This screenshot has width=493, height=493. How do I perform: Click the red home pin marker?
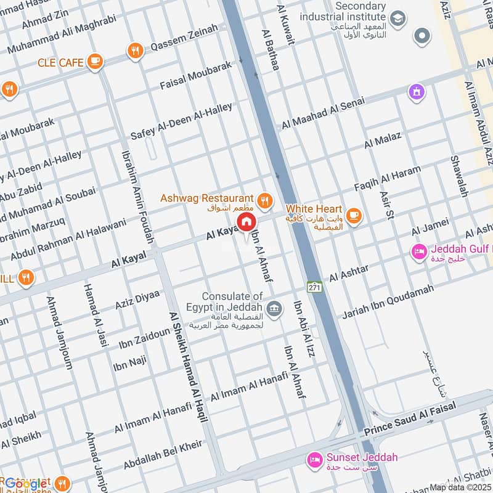(x=245, y=222)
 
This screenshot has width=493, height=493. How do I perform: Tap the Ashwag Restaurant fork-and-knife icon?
(x=265, y=199)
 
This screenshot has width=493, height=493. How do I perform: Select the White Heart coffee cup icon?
(x=353, y=214)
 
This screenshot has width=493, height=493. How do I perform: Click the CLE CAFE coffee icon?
(x=94, y=61)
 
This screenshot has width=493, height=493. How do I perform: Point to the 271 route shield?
(x=314, y=287)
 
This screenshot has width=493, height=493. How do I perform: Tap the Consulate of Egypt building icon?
(x=275, y=308)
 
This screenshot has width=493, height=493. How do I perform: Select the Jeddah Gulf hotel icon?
(x=420, y=251)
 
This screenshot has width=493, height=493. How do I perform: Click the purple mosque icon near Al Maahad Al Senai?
(x=417, y=92)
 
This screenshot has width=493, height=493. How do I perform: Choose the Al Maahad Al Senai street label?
(x=323, y=113)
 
